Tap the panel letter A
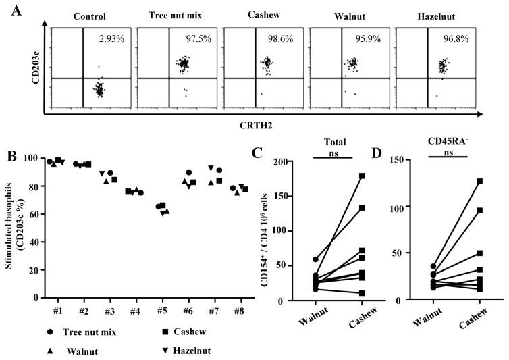9,8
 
